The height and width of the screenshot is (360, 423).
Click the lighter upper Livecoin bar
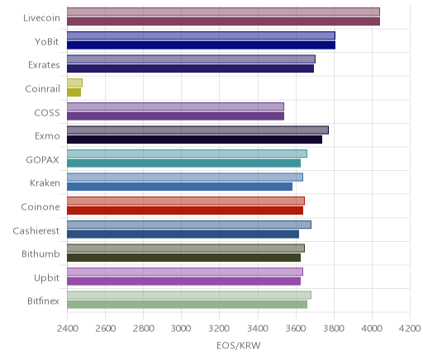223,12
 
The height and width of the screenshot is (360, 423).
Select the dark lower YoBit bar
201,45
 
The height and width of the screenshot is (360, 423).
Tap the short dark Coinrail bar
74,92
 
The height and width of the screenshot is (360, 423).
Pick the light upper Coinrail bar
74,83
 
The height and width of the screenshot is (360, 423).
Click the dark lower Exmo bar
194,140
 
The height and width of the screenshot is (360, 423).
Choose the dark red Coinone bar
185,211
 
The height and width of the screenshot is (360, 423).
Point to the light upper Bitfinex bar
189,295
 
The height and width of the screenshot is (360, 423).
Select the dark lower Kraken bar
179,187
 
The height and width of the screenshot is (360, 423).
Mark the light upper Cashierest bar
189,225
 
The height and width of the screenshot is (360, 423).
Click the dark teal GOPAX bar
183,163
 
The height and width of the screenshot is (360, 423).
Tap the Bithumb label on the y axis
40,253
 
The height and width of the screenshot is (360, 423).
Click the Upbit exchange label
46,278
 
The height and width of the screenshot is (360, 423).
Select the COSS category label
47,113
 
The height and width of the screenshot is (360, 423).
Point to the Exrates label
44,65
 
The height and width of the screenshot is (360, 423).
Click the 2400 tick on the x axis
67,329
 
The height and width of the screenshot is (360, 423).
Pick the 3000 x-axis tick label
181,329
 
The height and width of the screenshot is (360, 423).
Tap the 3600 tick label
296,329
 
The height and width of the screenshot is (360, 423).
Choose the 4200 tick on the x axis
410,329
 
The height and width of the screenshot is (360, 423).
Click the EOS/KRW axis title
239,346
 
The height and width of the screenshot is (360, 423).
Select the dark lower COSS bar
175,116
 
